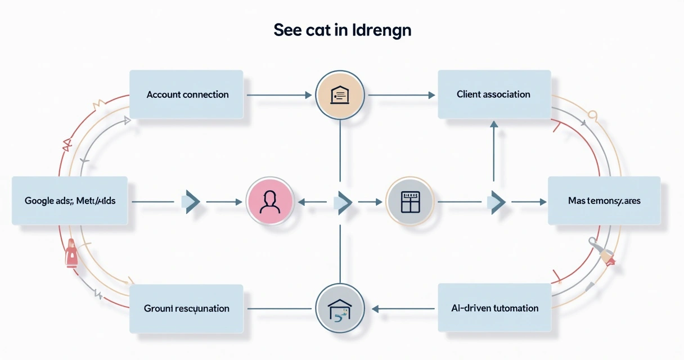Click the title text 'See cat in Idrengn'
click(342, 30)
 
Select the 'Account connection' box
click(187, 94)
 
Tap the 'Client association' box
click(493, 94)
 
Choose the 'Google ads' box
click(70, 201)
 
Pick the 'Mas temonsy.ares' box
click(604, 201)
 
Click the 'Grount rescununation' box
click(186, 308)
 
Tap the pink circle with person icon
click(270, 201)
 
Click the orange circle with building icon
click(340, 94)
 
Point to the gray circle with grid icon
click(410, 201)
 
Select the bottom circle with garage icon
click(340, 308)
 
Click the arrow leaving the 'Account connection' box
click(279, 95)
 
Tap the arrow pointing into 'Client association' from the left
click(402, 95)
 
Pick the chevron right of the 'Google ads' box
click(191, 201)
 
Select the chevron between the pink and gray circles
click(343, 201)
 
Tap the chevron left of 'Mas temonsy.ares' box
click(496, 201)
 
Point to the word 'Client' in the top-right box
click(470, 94)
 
